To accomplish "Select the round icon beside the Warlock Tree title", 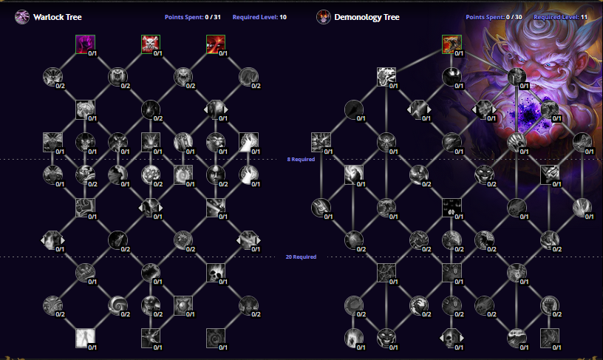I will tap(21, 16).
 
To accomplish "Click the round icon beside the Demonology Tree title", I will tap(323, 16).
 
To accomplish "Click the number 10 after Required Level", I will tap(283, 16).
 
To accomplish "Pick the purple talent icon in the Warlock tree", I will tap(85, 45).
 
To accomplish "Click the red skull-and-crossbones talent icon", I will tap(150, 45).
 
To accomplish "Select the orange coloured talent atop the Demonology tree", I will tap(452, 45).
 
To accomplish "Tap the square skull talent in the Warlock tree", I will tap(216, 274).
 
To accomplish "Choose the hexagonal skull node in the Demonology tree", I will tap(386, 338).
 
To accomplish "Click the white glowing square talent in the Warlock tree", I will tap(85, 338).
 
